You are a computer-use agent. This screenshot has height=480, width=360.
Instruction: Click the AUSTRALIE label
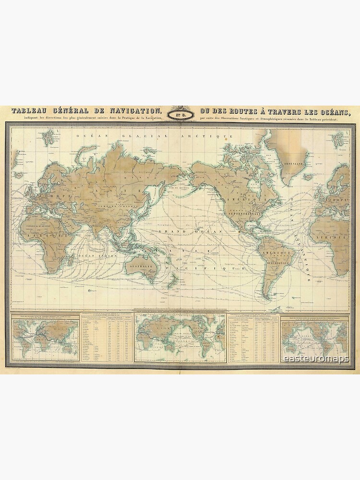click(x=142, y=264)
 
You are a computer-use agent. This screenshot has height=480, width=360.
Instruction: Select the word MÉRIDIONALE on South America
click(x=277, y=263)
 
